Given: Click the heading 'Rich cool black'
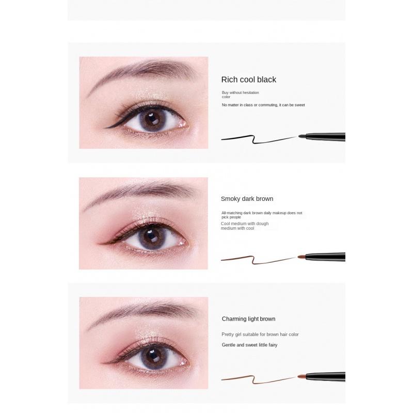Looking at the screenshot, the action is [x=249, y=80].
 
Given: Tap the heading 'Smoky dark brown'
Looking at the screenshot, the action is [x=247, y=199].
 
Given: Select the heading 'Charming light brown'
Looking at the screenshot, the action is [x=249, y=319].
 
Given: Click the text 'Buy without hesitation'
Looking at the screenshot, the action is [x=240, y=92].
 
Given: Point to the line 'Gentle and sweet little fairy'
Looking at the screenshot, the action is [x=249, y=345].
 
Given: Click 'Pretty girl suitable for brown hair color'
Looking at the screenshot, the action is [x=260, y=334].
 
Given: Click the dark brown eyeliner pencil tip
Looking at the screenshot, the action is [x=301, y=256].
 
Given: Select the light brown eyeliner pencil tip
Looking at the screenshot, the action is [x=301, y=376].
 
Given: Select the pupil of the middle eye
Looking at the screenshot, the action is [x=151, y=238].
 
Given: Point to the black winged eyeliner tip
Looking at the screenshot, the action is [x=105, y=128].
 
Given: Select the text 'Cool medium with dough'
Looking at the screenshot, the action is [x=245, y=224].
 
